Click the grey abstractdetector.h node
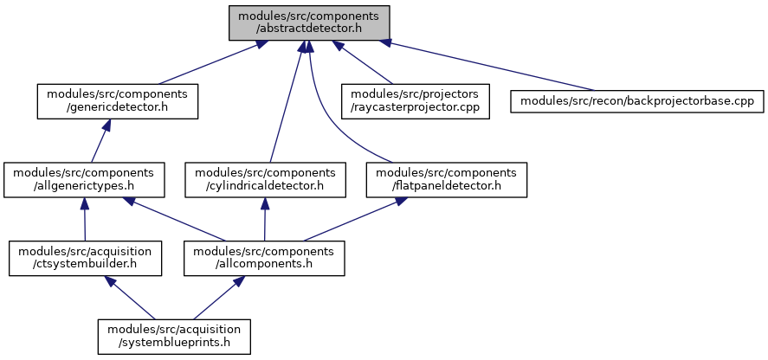[x=309, y=22]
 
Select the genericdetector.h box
[x=118, y=101]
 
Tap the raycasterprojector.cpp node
[x=416, y=101]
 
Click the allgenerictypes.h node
[x=85, y=180]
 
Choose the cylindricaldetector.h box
[x=266, y=180]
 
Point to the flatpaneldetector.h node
[x=446, y=180]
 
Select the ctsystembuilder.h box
[x=85, y=259]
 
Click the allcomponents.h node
[x=264, y=259]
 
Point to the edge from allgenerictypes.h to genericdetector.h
[x=100, y=141]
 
